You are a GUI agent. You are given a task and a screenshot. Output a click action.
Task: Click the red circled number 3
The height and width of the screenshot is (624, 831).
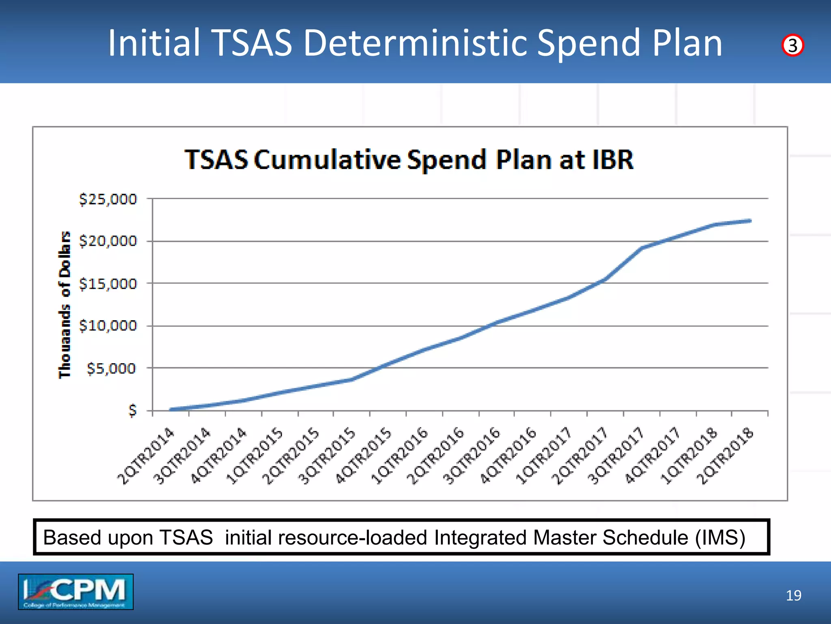click(792, 45)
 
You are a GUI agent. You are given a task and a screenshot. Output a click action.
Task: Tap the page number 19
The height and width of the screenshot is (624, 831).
click(793, 596)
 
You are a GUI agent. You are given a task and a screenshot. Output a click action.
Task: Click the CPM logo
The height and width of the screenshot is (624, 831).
click(75, 591)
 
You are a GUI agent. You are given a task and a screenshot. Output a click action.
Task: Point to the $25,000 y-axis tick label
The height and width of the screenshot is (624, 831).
click(108, 199)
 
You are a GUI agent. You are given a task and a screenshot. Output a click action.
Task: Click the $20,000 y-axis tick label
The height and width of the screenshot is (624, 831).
click(108, 241)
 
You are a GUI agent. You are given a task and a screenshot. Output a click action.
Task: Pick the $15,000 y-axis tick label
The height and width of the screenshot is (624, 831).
click(108, 284)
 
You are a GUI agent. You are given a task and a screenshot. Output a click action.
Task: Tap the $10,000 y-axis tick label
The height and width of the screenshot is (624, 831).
click(108, 326)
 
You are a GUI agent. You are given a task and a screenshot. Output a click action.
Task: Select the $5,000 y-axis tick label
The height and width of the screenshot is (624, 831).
click(111, 368)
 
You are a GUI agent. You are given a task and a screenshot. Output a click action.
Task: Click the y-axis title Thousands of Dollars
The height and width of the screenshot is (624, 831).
click(65, 305)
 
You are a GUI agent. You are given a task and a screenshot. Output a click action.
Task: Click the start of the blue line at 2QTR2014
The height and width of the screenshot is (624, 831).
click(171, 409)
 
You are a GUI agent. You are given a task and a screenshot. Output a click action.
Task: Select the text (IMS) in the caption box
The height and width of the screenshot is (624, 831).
click(720, 537)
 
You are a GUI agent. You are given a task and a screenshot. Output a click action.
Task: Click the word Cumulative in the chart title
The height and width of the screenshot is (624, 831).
click(327, 160)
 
